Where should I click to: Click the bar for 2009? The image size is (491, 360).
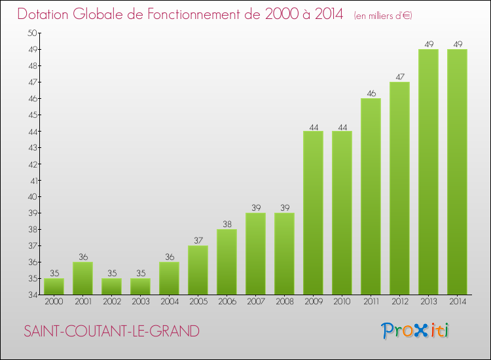click(313, 213)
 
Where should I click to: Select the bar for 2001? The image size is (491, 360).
click(82, 278)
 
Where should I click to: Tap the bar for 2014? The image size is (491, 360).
click(457, 171)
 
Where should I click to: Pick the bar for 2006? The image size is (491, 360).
click(227, 262)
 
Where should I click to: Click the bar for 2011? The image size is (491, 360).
click(371, 196)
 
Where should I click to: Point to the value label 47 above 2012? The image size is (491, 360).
click(399, 77)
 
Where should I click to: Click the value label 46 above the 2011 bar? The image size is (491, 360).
click(371, 93)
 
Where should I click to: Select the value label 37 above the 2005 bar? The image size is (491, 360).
click(198, 240)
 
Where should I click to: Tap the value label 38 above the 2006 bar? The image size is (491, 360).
click(227, 224)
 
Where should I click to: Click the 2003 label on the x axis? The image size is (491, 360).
click(140, 302)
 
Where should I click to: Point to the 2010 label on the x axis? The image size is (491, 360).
click(342, 302)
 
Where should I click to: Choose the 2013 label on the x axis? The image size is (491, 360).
click(428, 302)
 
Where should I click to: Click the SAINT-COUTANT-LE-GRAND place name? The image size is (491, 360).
click(111, 331)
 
